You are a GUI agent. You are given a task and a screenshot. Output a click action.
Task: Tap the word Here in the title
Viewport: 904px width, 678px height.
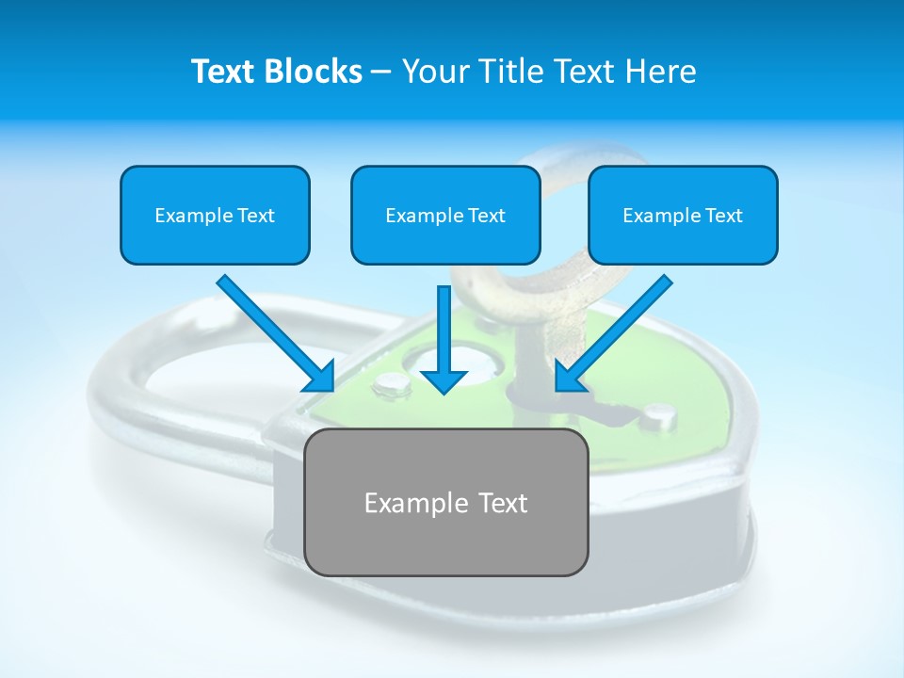tap(662, 72)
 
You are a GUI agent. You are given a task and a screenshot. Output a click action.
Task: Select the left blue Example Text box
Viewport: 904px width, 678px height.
tap(215, 216)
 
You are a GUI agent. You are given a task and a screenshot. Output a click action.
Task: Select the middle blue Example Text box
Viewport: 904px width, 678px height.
tap(445, 216)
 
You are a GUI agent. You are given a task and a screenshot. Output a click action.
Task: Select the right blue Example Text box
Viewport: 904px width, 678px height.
tap(683, 216)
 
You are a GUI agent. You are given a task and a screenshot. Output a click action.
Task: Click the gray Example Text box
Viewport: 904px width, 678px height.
tap(445, 502)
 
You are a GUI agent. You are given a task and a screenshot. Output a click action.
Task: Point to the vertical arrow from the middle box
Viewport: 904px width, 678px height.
tap(444, 330)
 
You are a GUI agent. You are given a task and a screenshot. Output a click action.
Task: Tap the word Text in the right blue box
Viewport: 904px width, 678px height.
tap(723, 216)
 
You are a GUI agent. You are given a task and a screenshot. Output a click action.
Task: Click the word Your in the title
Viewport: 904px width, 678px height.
tap(433, 72)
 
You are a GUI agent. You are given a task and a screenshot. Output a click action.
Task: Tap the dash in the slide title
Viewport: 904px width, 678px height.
tap(381, 73)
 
